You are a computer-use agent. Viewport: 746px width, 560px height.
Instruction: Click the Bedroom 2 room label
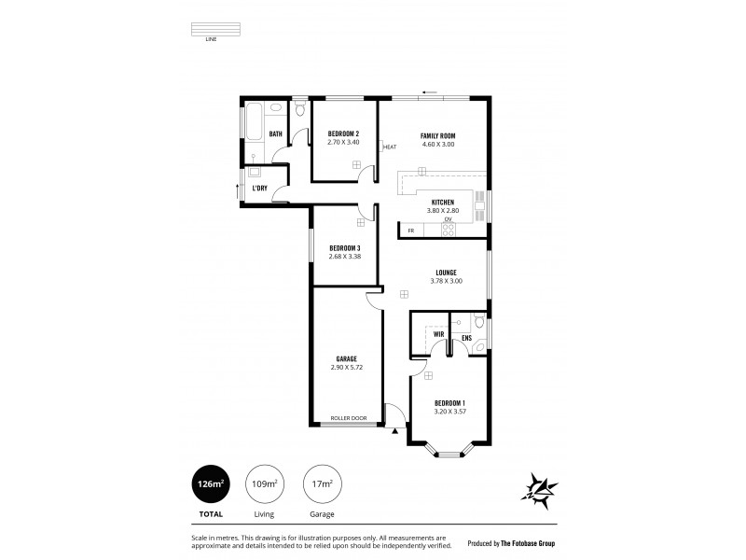(343, 134)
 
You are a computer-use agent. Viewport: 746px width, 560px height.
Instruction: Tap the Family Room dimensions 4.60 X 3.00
(437, 144)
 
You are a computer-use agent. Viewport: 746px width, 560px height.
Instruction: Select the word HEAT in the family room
(390, 147)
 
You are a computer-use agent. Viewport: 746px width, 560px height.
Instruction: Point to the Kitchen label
(442, 203)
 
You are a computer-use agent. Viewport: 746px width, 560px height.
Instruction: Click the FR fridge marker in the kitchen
(410, 230)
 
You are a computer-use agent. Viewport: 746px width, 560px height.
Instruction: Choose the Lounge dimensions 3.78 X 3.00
(447, 281)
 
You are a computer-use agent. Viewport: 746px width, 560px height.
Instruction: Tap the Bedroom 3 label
(344, 247)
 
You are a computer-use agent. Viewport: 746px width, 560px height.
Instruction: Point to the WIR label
(437, 333)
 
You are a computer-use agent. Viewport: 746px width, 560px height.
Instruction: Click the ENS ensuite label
(466, 337)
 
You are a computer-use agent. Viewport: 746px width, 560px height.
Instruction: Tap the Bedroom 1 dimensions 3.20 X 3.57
(449, 411)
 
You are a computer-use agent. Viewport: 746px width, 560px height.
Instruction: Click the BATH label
(276, 133)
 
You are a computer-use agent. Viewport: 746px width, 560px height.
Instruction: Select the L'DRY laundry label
(260, 188)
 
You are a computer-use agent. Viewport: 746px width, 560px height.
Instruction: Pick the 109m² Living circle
(265, 483)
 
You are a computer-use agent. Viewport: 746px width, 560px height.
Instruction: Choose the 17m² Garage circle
(322, 483)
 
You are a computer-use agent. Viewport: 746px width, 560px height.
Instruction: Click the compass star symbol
(540, 487)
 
